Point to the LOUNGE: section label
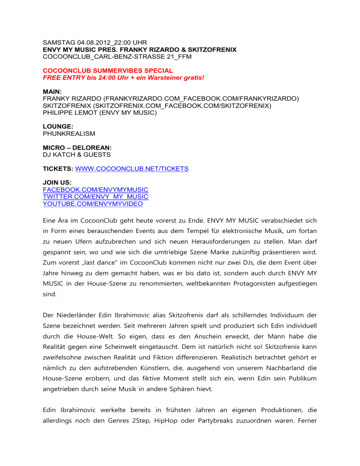click(58, 127)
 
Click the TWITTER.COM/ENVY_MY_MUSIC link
click(95, 197)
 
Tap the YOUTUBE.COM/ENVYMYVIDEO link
click(92, 204)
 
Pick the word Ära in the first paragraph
click(66, 219)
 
